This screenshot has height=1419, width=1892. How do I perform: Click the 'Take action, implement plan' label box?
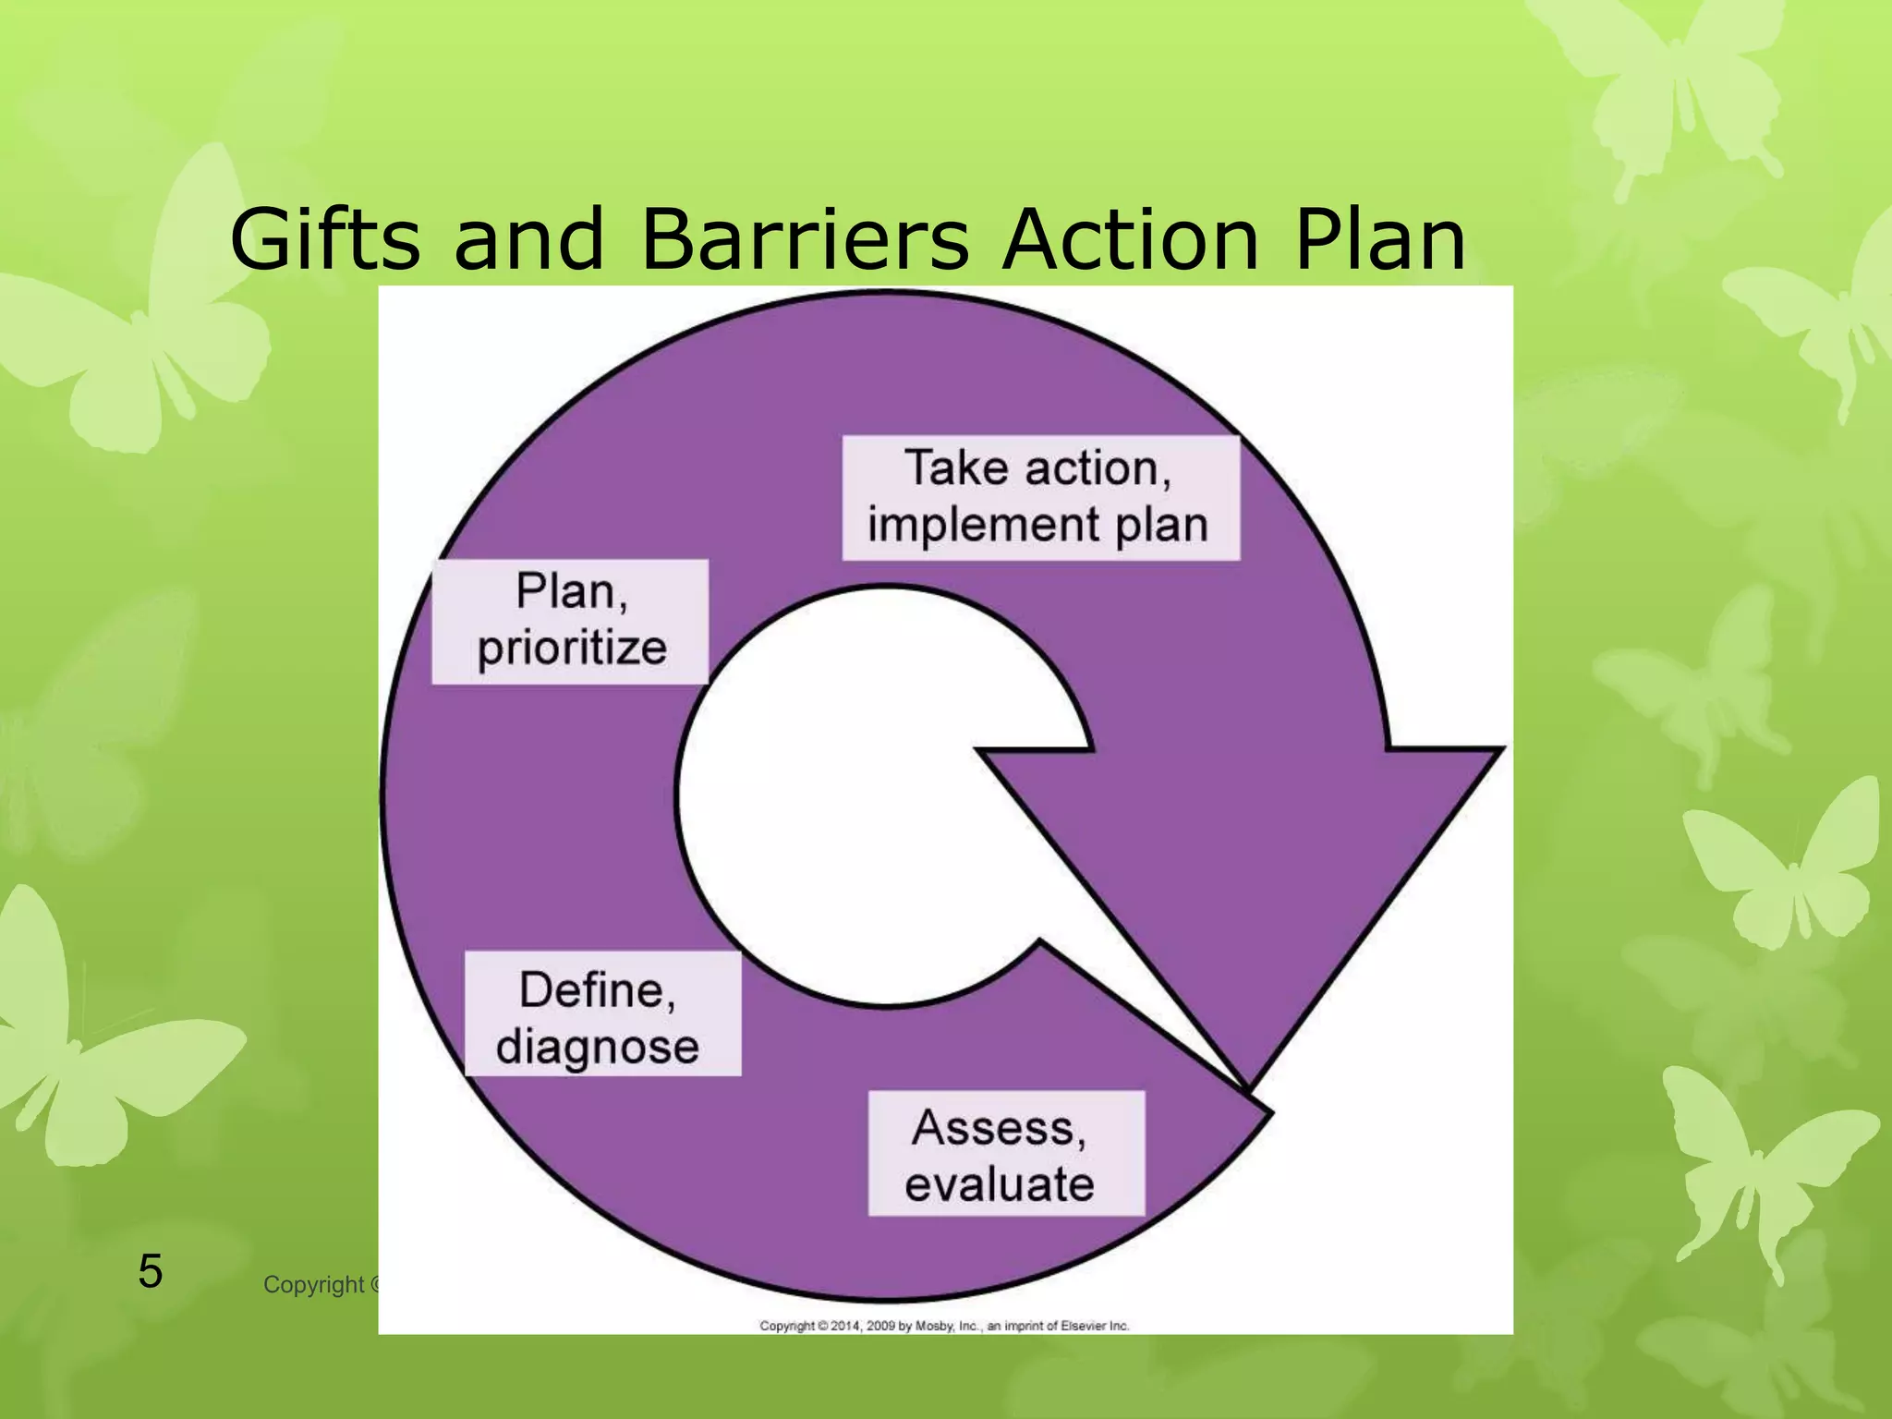click(1040, 497)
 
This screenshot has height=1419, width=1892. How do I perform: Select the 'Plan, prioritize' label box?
click(570, 621)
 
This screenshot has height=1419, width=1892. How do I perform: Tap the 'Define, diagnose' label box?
click(601, 1013)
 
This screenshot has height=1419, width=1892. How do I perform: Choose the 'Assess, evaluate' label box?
click(1006, 1153)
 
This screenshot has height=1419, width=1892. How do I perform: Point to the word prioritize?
click(572, 648)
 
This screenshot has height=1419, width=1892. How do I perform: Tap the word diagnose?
click(598, 1047)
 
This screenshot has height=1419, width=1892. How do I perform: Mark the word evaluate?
click(1000, 1184)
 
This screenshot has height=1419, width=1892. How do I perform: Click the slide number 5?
click(150, 1271)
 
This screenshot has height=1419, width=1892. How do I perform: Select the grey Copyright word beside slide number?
click(314, 1284)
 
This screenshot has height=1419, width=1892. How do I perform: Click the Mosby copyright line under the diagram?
click(944, 1326)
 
